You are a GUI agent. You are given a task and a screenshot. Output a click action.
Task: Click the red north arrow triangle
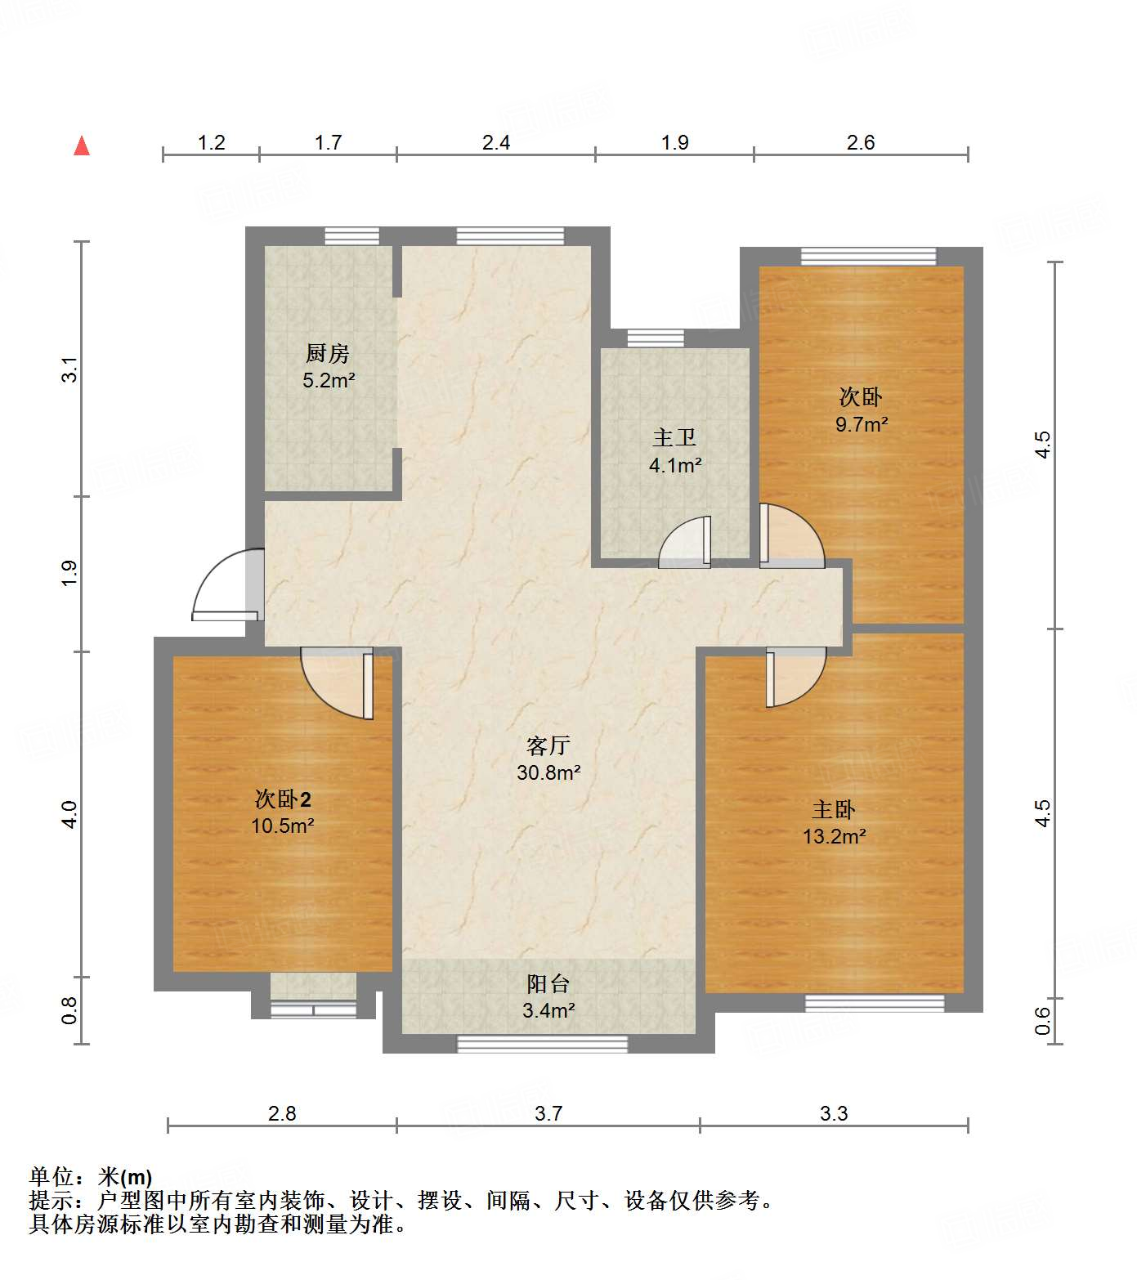pos(82,146)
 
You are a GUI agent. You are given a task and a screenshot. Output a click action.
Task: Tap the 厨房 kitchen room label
pos(328,353)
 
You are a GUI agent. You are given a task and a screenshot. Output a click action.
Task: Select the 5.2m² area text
pos(329,380)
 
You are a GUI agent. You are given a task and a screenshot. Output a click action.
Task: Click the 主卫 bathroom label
pos(674,438)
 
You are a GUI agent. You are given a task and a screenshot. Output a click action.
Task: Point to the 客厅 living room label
pos(548,745)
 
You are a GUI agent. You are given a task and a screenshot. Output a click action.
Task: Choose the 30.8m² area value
pos(548,772)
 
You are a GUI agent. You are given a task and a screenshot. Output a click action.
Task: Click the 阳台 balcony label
pos(548,984)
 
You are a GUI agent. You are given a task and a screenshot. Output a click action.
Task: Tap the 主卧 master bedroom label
pos(834,810)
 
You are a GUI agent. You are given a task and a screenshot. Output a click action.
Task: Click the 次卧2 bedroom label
pos(283,799)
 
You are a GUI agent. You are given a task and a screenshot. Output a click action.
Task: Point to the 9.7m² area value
pos(862,424)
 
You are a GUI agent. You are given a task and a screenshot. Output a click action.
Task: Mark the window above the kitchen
pos(352,236)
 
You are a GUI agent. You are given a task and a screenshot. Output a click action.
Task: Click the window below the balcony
pos(542,1044)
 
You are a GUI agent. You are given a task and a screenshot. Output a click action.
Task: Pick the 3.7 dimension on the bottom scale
pos(548,1113)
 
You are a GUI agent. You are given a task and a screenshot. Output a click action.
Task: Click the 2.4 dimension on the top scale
pos(496,143)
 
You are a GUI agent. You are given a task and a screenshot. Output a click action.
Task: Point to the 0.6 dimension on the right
pos(1043,1020)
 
